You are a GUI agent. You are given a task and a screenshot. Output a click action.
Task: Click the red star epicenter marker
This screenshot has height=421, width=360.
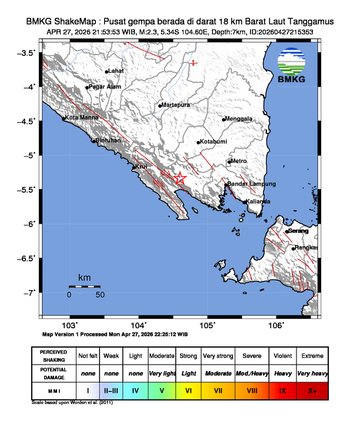[180, 177]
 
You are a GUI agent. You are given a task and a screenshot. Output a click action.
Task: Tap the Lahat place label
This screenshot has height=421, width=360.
[116, 71]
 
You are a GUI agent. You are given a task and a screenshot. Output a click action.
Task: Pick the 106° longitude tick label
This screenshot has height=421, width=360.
[276, 325]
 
